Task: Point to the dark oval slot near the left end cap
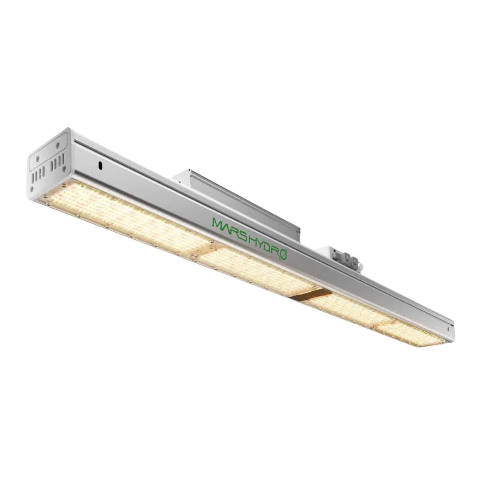click(x=100, y=166)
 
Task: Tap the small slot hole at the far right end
click(x=449, y=329)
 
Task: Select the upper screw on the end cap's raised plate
click(x=58, y=145)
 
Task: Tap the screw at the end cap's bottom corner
click(x=32, y=188)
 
